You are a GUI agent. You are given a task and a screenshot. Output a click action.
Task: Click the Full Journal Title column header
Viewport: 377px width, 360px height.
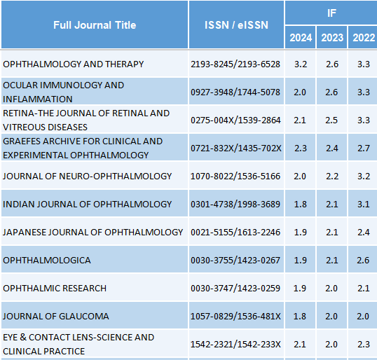pos(95,25)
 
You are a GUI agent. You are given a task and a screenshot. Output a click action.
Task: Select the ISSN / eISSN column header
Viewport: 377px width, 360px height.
pos(236,25)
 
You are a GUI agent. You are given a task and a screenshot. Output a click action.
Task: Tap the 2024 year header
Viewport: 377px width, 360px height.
pos(301,38)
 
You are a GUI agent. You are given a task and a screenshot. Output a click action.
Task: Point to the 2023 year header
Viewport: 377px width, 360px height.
pos(332,38)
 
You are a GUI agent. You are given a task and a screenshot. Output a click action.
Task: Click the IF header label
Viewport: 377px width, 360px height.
pos(331,13)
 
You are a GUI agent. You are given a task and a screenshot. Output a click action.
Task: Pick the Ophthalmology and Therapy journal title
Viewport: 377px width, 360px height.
pos(74,64)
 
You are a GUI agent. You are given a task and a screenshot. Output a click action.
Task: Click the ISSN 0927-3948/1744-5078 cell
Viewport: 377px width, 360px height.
pos(235,92)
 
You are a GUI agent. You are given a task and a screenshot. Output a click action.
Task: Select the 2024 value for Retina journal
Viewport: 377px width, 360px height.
pos(300,120)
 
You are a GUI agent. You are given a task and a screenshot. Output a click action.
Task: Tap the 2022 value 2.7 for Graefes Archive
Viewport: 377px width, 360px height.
pos(364,148)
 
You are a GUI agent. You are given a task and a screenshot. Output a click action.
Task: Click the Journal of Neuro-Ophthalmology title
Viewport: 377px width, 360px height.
pos(88,176)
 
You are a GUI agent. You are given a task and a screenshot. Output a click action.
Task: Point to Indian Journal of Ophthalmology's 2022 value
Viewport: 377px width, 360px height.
pos(364,205)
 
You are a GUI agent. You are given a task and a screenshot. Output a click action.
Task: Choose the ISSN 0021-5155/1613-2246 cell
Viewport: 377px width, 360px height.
pos(235,232)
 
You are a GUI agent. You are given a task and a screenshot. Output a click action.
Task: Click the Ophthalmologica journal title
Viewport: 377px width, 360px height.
pos(47,261)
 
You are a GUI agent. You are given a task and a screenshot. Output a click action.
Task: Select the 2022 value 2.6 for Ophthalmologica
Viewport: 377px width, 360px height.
pos(364,261)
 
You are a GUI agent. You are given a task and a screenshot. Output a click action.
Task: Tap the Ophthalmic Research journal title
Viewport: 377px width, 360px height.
pos(55,288)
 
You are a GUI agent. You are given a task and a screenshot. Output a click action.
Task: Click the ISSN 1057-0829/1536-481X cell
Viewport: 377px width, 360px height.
pos(235,317)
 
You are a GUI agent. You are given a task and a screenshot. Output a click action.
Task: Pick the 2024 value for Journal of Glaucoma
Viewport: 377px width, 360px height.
pos(300,317)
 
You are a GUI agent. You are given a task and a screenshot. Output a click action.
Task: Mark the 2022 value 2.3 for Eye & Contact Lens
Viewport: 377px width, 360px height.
pos(364,345)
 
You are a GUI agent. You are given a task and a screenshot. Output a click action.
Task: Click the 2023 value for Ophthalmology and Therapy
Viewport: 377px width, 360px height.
pos(332,64)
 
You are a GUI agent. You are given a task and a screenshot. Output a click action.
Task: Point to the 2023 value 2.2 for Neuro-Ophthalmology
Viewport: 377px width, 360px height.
pos(332,176)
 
